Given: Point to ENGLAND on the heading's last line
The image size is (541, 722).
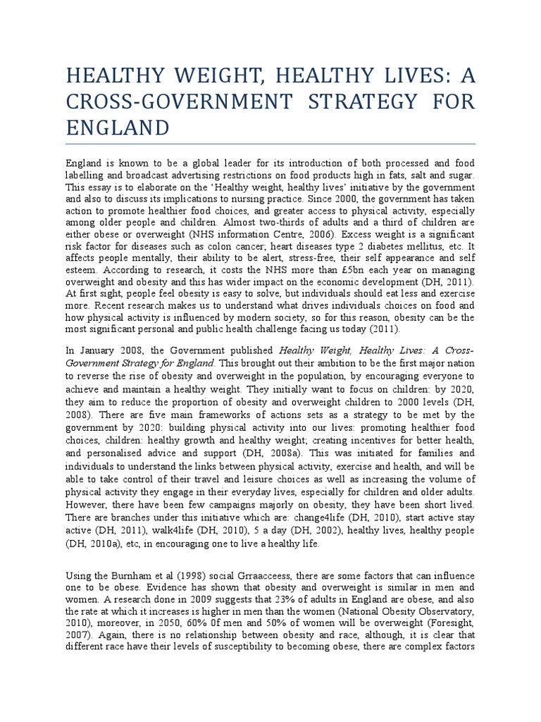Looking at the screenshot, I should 118,128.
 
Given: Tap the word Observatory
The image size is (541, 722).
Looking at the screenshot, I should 446,611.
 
